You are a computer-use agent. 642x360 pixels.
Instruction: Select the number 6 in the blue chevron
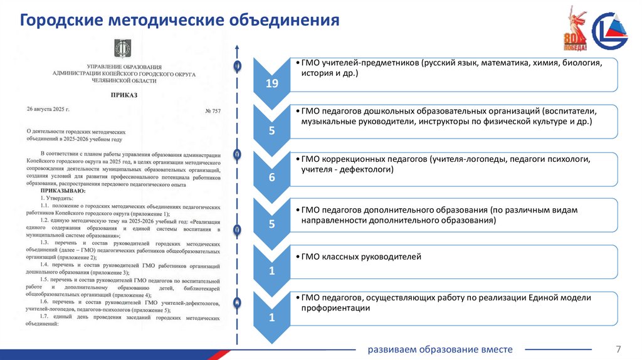click(x=271, y=177)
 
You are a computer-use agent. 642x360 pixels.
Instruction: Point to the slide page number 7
click(x=619, y=349)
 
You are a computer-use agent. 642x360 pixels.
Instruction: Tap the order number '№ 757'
click(x=213, y=112)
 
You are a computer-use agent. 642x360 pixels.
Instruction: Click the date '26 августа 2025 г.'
click(x=48, y=109)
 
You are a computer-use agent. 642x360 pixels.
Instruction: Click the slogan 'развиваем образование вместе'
click(x=440, y=349)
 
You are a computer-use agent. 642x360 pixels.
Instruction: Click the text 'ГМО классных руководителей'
click(x=361, y=257)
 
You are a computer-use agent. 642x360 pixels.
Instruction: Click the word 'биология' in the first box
click(x=581, y=63)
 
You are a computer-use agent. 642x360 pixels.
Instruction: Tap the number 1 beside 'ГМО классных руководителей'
click(x=271, y=271)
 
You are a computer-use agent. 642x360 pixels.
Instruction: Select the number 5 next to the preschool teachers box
click(x=271, y=131)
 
